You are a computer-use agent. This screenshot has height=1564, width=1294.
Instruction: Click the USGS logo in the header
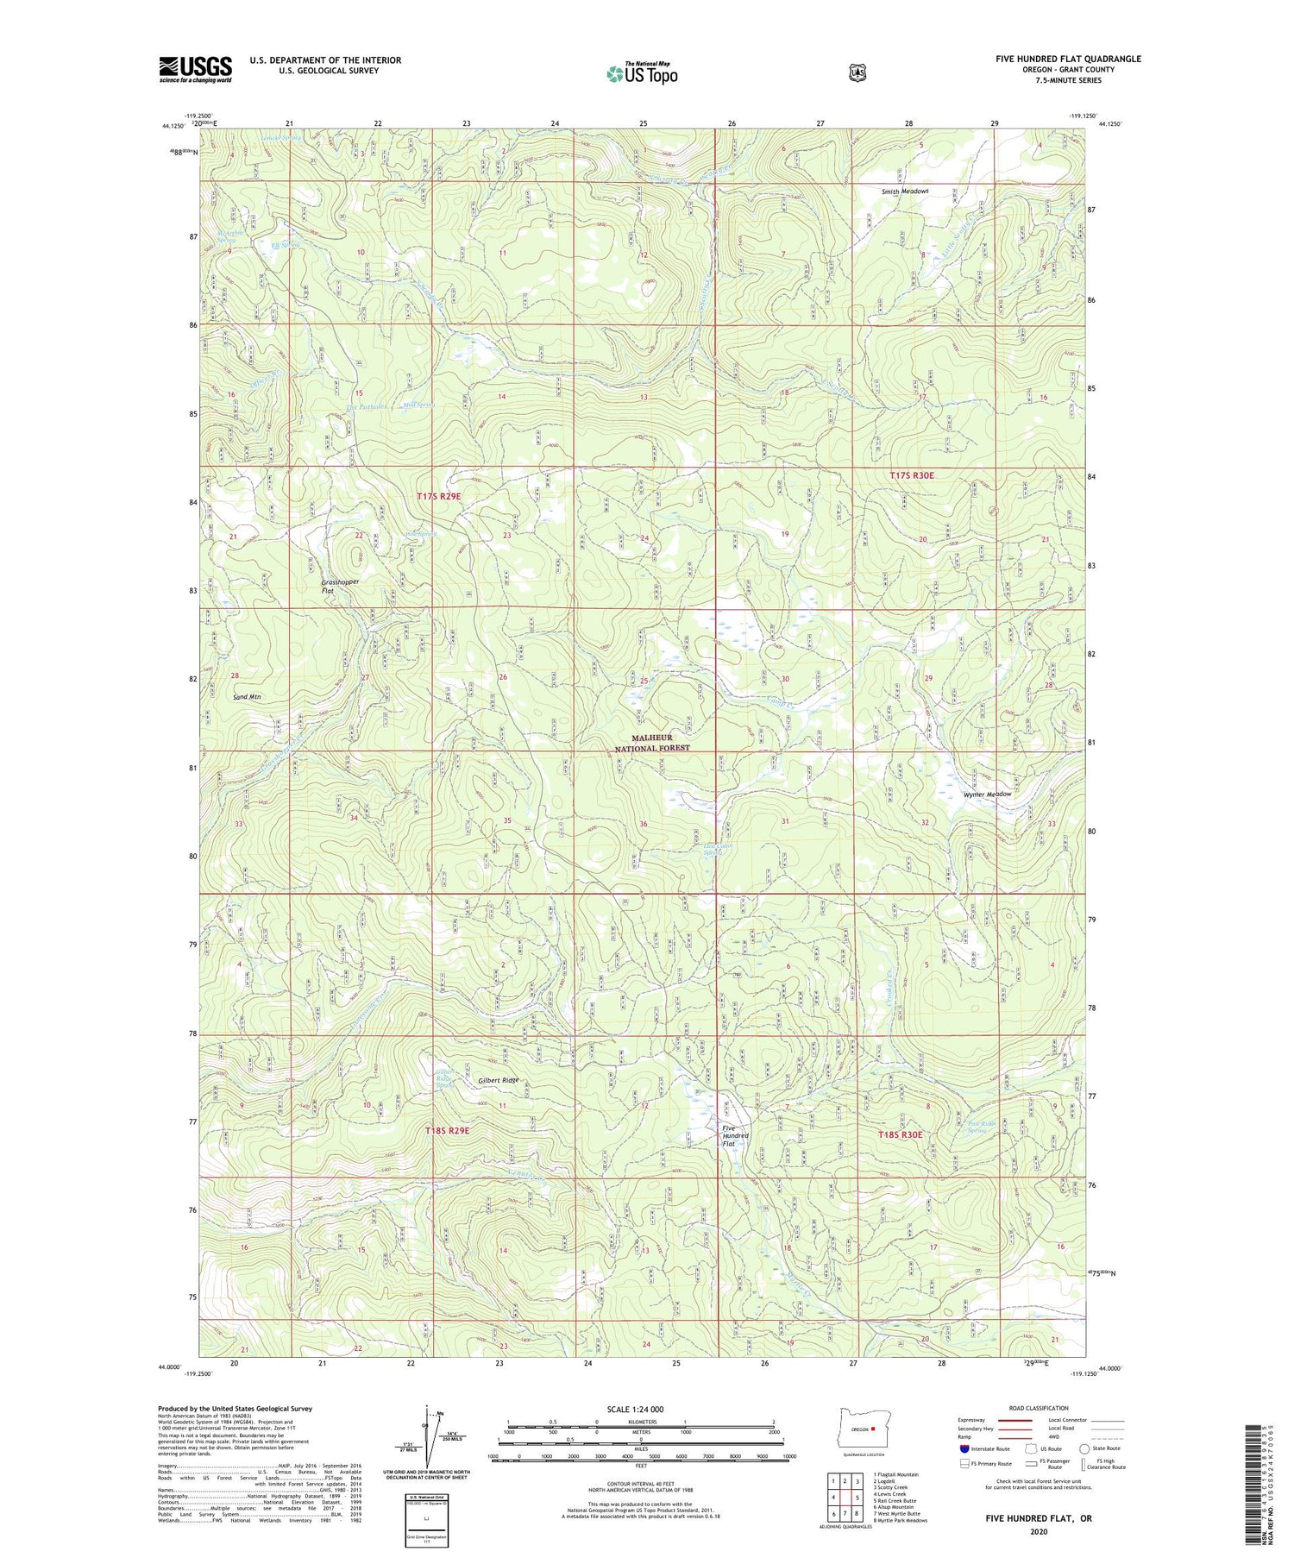coord(195,69)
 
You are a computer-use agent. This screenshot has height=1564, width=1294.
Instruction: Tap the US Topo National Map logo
coord(642,73)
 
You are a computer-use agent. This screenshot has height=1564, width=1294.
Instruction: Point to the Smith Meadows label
coord(905,192)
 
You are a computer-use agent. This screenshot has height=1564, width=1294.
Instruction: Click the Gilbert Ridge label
coord(499,1080)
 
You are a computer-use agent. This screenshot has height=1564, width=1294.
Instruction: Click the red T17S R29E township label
coord(439,496)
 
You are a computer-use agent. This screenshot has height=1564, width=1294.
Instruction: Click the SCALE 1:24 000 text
coord(642,1410)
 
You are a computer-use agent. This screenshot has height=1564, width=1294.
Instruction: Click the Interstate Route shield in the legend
coord(964,1448)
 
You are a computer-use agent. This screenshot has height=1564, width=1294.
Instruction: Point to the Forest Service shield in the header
coord(857,73)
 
